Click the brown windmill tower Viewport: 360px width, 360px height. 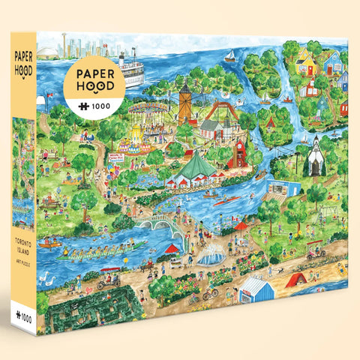pos(184,101)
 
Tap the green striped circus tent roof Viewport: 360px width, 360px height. pos(194,163)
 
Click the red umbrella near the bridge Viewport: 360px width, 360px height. pos(172,249)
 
